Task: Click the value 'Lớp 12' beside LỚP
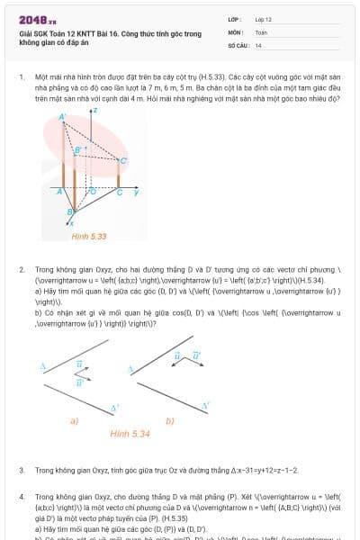(x=264, y=19)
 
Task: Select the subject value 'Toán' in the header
(x=261, y=31)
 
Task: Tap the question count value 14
(x=258, y=44)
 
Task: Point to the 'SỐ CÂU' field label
(x=238, y=44)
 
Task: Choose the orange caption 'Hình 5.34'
(x=130, y=433)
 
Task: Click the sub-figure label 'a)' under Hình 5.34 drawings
(x=74, y=420)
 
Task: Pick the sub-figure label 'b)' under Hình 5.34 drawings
(x=170, y=420)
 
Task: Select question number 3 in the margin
(x=22, y=470)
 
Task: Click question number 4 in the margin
(x=22, y=496)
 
